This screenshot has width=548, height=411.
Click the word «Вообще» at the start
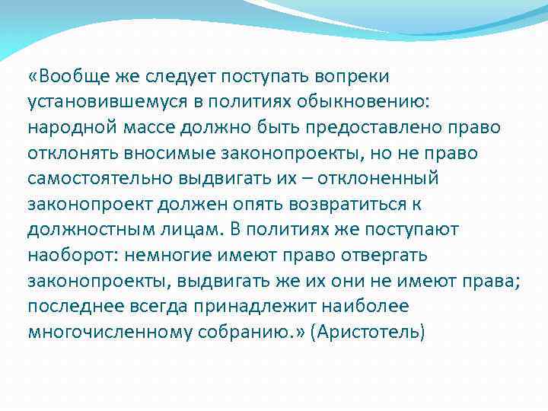(x=75, y=76)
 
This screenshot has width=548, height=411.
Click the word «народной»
(x=67, y=128)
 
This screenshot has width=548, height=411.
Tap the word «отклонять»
(x=68, y=154)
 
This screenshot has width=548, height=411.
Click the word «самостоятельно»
(x=94, y=180)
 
